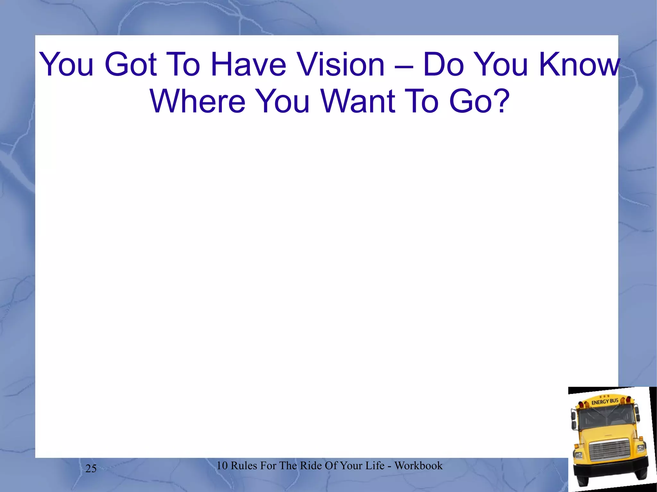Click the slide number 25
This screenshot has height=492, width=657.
coord(91,469)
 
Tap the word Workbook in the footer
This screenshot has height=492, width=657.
coord(418,465)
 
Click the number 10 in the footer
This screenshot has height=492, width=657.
coord(222,465)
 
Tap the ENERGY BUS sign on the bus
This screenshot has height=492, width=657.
coord(605,401)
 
